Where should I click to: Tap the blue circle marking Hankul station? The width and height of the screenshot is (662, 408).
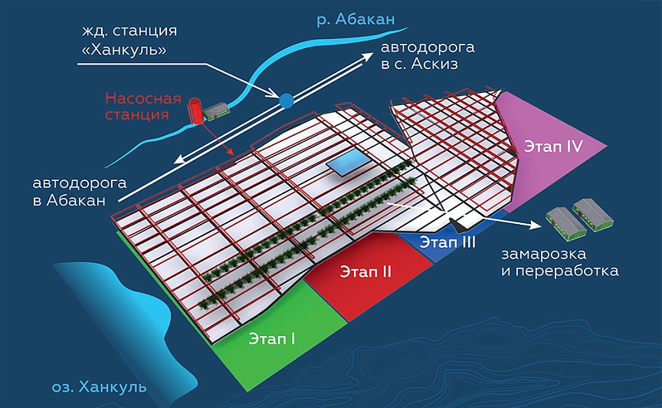[x=286, y=100]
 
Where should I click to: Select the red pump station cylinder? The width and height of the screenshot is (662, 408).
[x=195, y=110]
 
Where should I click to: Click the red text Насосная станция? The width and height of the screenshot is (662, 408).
[x=143, y=107]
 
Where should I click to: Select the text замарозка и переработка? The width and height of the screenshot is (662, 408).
[x=559, y=262]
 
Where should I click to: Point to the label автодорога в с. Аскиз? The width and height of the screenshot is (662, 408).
[x=418, y=56]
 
